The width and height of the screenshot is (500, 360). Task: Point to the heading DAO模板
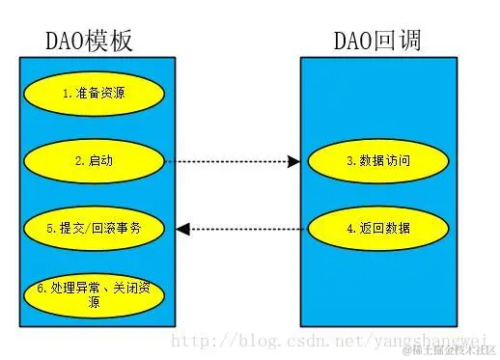pos(90,40)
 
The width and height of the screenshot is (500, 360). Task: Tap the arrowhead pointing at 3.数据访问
pos(293,161)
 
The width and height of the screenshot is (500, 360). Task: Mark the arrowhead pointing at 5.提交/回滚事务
pos(182,229)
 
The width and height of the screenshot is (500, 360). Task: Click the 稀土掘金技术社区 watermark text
pos(451,348)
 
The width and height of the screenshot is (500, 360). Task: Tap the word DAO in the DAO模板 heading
pos(66,40)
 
